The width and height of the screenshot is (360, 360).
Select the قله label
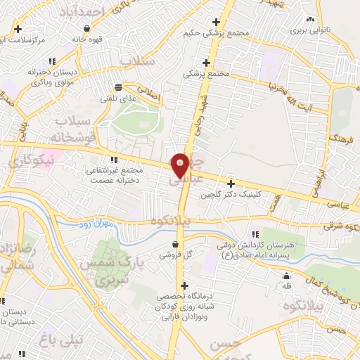click(x=286, y=286)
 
